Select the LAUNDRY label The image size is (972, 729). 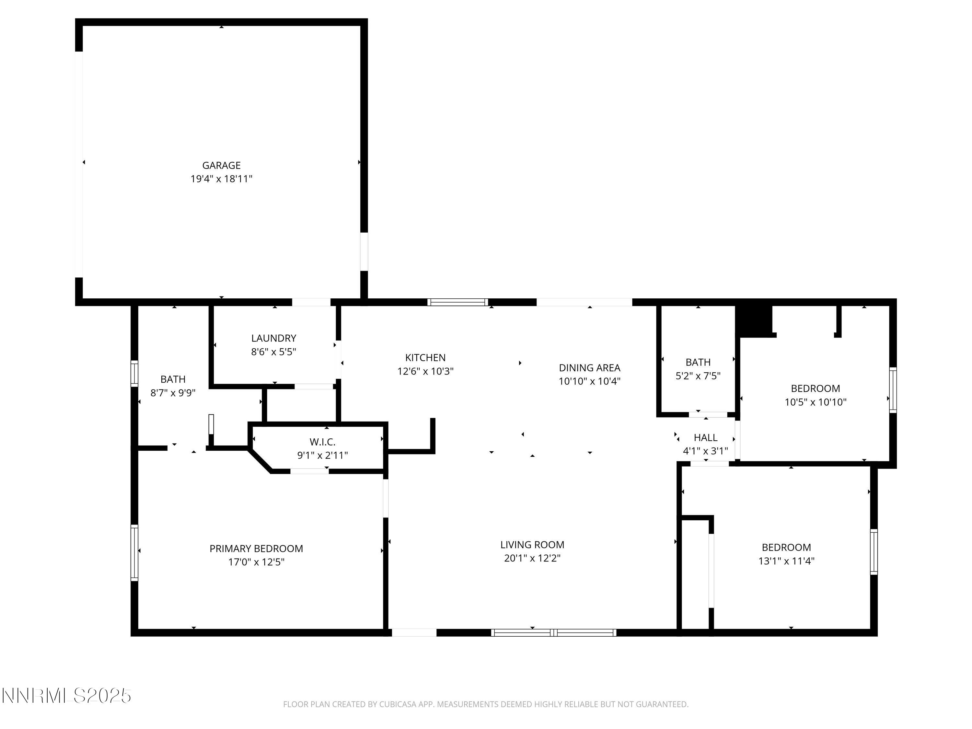273,338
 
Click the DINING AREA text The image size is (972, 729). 589,367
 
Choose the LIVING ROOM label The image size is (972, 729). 532,544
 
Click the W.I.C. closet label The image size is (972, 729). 322,442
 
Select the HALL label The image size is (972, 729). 705,437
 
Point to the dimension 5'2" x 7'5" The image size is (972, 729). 698,376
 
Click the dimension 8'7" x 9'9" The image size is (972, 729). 173,393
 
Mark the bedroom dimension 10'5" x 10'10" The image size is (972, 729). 815,402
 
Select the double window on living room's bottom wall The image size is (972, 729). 553,632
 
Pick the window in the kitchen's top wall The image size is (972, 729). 457,302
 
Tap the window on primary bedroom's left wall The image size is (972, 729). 134,552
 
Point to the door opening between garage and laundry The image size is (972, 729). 311,302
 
